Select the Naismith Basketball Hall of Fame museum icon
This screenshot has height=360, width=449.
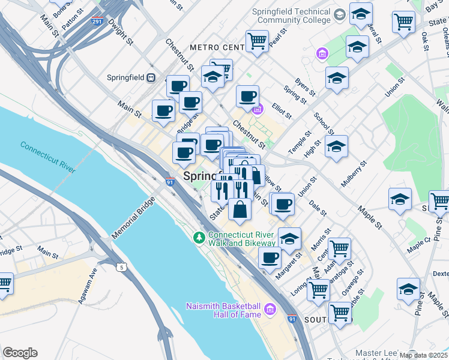(270, 310)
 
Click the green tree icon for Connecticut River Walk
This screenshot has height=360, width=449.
(199, 238)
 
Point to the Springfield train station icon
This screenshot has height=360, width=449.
(152, 78)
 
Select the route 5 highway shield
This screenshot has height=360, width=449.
(122, 267)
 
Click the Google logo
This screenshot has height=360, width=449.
(20, 353)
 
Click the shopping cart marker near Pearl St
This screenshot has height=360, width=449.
(257, 41)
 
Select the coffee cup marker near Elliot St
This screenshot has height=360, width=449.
(247, 95)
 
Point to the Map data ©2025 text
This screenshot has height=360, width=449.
(423, 355)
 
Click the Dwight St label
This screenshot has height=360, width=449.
(124, 34)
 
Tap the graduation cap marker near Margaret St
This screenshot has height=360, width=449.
(289, 238)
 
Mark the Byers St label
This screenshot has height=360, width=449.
(305, 88)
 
